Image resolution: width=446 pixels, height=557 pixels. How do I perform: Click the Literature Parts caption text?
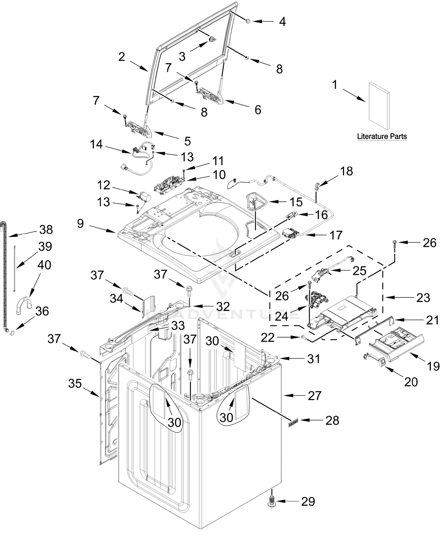click(x=382, y=136)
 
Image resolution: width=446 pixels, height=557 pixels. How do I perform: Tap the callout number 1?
click(x=335, y=85)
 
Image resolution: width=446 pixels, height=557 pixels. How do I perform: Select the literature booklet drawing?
click(x=379, y=106)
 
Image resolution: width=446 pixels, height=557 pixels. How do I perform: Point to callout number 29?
click(x=308, y=502)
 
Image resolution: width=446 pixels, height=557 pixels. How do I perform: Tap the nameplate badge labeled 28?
click(x=293, y=420)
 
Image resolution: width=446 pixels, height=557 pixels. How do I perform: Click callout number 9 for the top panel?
click(x=80, y=223)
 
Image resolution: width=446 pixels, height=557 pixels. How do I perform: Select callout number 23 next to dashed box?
click(x=423, y=298)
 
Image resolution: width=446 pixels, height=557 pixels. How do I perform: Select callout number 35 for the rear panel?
click(x=75, y=384)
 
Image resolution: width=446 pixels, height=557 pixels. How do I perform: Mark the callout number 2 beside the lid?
click(x=122, y=57)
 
